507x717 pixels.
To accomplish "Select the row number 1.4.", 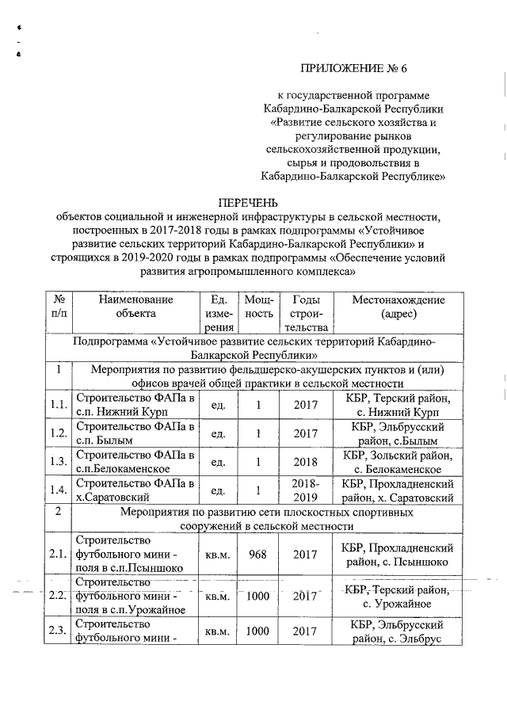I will click(x=59, y=490).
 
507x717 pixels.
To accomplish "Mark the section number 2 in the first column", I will click(x=59, y=512).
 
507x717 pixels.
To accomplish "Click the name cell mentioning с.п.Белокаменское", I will click(x=135, y=461).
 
